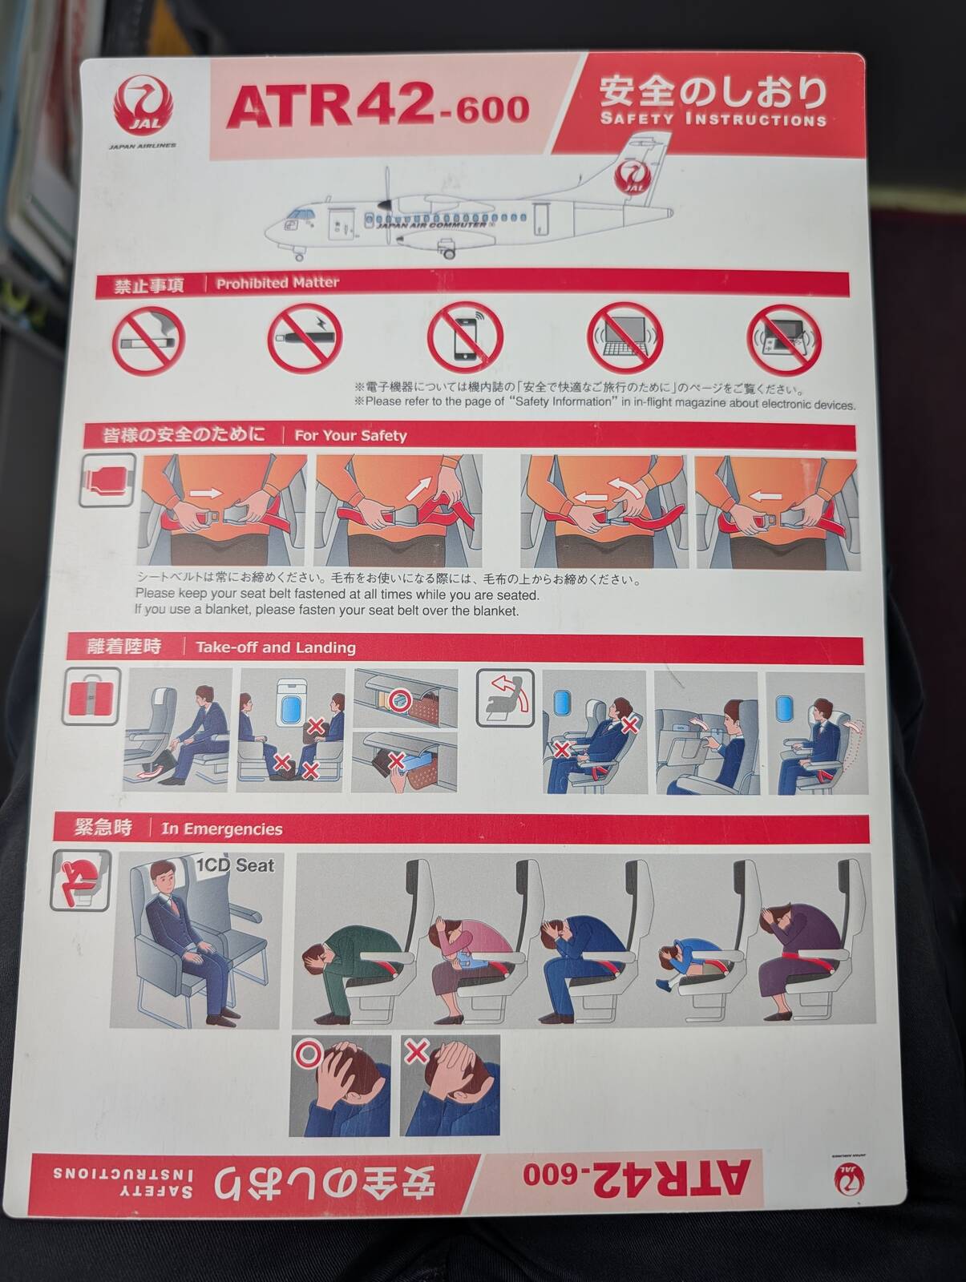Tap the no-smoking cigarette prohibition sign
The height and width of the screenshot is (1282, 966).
point(148,341)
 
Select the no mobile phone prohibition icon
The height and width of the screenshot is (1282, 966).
point(465,337)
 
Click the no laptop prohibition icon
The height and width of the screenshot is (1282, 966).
point(624,338)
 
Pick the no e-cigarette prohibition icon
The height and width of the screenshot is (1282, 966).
point(305,338)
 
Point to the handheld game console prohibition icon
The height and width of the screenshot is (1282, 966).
point(784,340)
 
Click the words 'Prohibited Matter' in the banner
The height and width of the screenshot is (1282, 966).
point(277,284)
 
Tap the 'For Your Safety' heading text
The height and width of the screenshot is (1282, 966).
point(350,436)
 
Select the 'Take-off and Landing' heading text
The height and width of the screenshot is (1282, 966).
point(276,647)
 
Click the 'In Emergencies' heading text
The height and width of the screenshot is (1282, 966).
point(221,829)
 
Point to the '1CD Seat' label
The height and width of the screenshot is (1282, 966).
point(235,865)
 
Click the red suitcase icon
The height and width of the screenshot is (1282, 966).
point(91,697)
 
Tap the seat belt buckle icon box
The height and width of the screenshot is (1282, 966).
point(107,480)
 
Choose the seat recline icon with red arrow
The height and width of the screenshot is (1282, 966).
point(506,698)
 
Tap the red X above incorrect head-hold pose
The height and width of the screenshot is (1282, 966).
point(417,1051)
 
